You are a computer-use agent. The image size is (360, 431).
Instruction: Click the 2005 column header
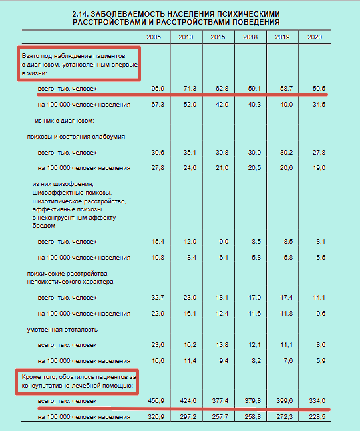coord(155,35)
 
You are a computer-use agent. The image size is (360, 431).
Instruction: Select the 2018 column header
coord(250,35)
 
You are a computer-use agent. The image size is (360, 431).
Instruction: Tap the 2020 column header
coord(315,35)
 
